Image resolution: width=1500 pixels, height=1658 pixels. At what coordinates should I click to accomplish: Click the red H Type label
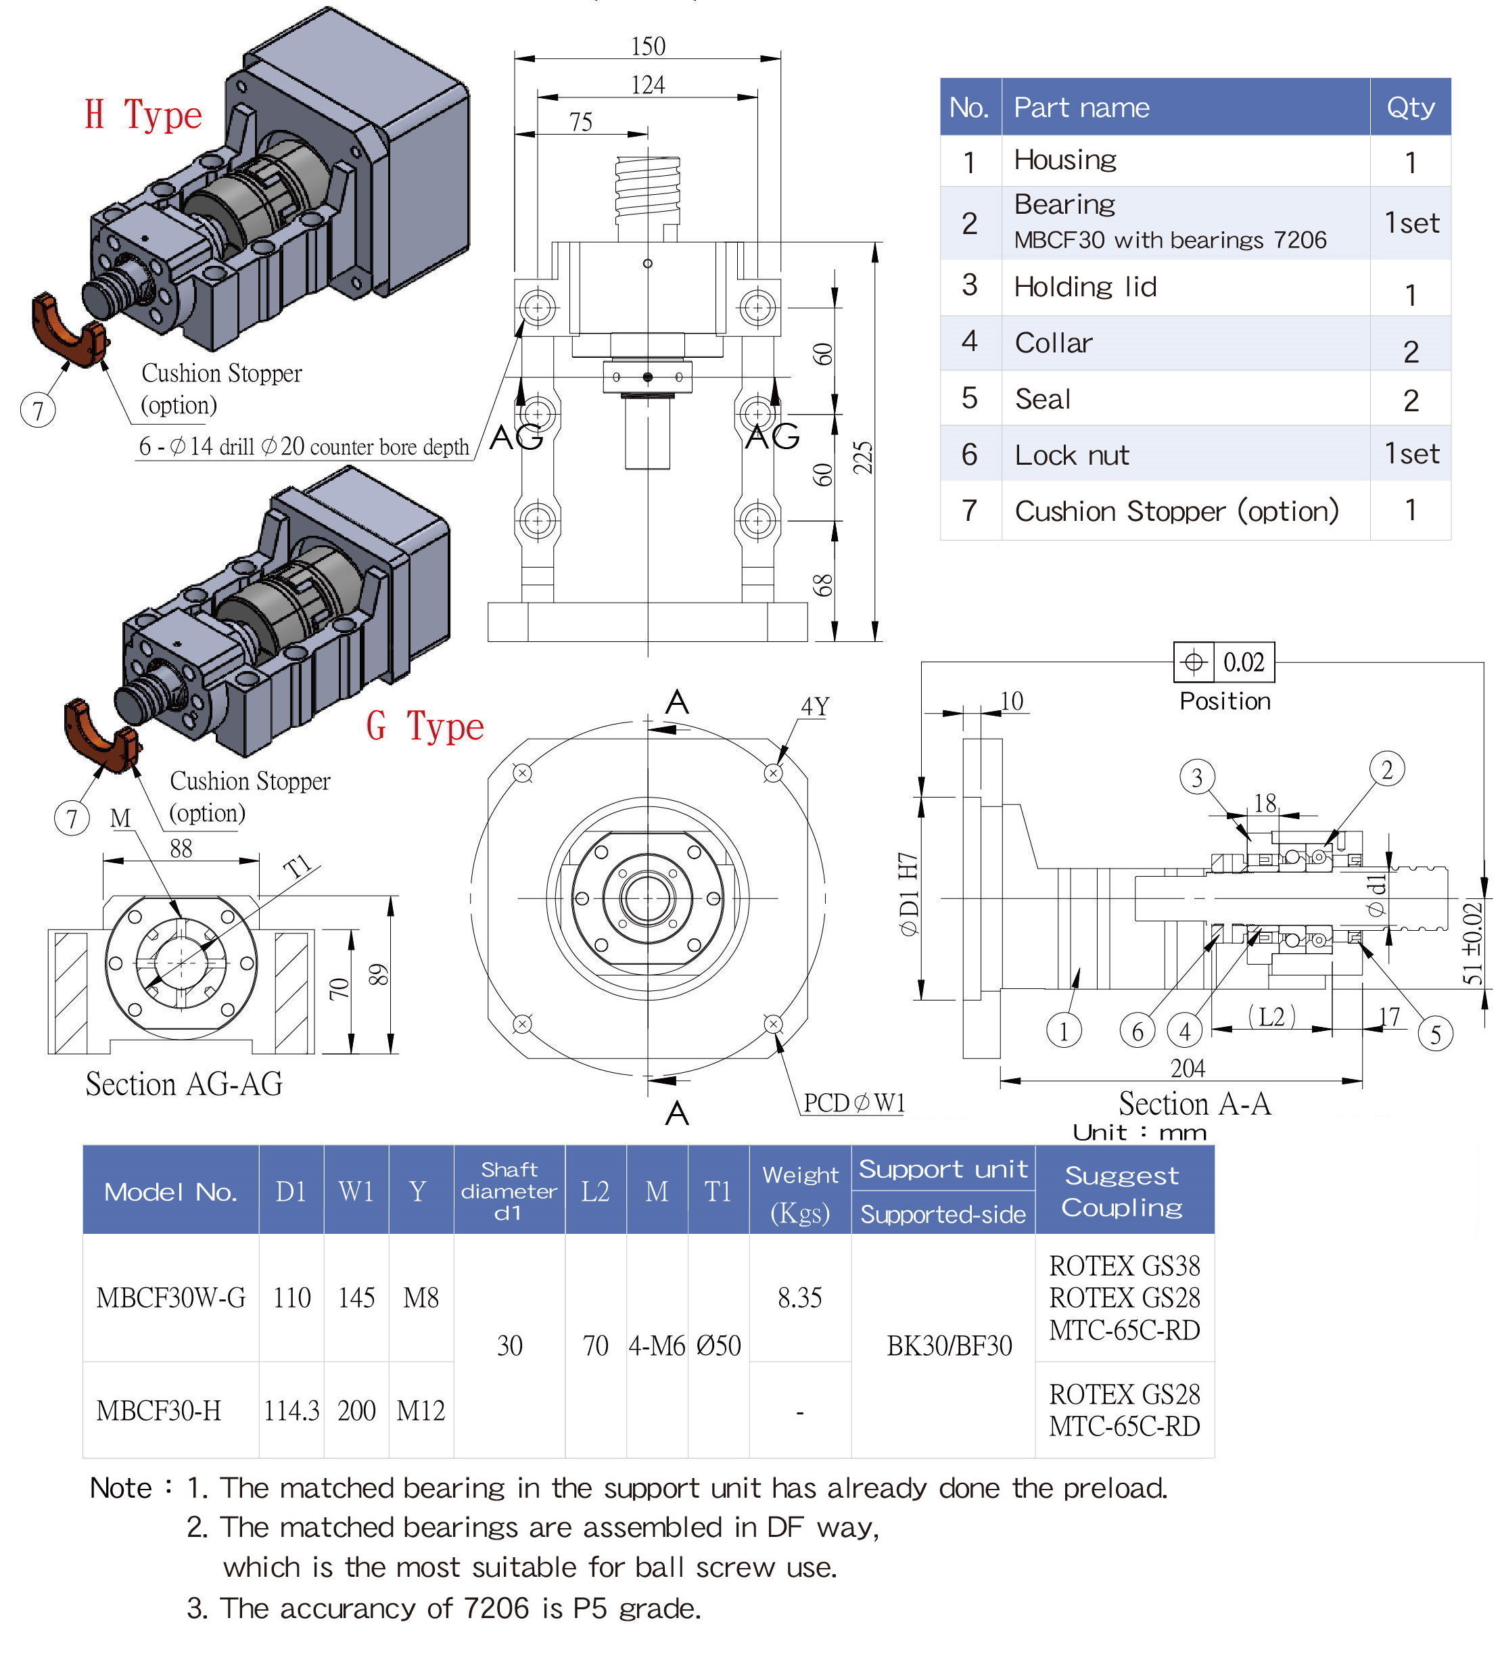pos(143,114)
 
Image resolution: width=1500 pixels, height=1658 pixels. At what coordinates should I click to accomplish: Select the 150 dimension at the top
pos(647,47)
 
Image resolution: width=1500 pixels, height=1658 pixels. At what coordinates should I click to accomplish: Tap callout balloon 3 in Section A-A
pos(1196,777)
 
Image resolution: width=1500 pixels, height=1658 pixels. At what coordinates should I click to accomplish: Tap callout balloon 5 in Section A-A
pos(1435,1034)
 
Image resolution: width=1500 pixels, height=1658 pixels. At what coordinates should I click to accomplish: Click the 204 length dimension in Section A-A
pos(1187,1068)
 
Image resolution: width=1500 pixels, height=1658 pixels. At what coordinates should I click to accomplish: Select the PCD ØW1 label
pos(853,1103)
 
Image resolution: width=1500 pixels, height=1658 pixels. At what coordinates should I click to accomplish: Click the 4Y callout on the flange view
pos(814,706)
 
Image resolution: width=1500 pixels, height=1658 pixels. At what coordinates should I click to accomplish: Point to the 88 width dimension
pos(181,849)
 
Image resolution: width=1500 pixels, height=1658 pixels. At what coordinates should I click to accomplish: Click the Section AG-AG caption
pos(184,1084)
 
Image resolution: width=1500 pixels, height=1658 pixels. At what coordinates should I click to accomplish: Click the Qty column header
pos(1409,107)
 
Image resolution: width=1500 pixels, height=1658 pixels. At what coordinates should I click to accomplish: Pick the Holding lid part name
pos(1085,286)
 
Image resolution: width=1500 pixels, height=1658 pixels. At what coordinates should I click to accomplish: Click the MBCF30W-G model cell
pos(170,1297)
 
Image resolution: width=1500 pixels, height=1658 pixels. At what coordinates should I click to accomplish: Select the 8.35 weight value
pos(799,1297)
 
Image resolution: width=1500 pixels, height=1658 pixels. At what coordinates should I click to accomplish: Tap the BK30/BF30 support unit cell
pos(949,1345)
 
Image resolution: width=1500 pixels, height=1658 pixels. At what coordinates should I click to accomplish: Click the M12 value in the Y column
pos(420,1410)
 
